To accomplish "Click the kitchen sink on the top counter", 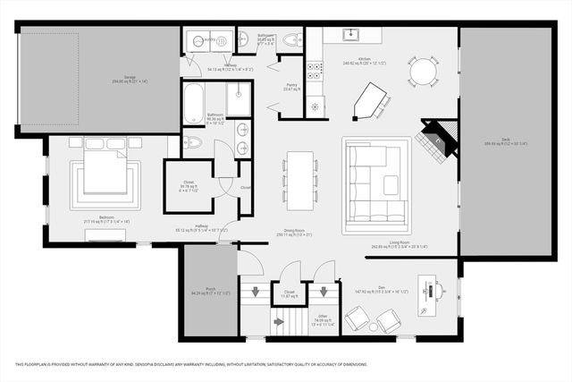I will tap(350, 35).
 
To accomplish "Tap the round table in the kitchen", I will tap(424, 71).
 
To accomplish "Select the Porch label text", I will tap(210, 289).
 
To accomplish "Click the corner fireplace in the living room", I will tap(439, 136).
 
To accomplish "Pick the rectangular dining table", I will tap(299, 179).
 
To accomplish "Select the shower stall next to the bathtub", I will tap(238, 99).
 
